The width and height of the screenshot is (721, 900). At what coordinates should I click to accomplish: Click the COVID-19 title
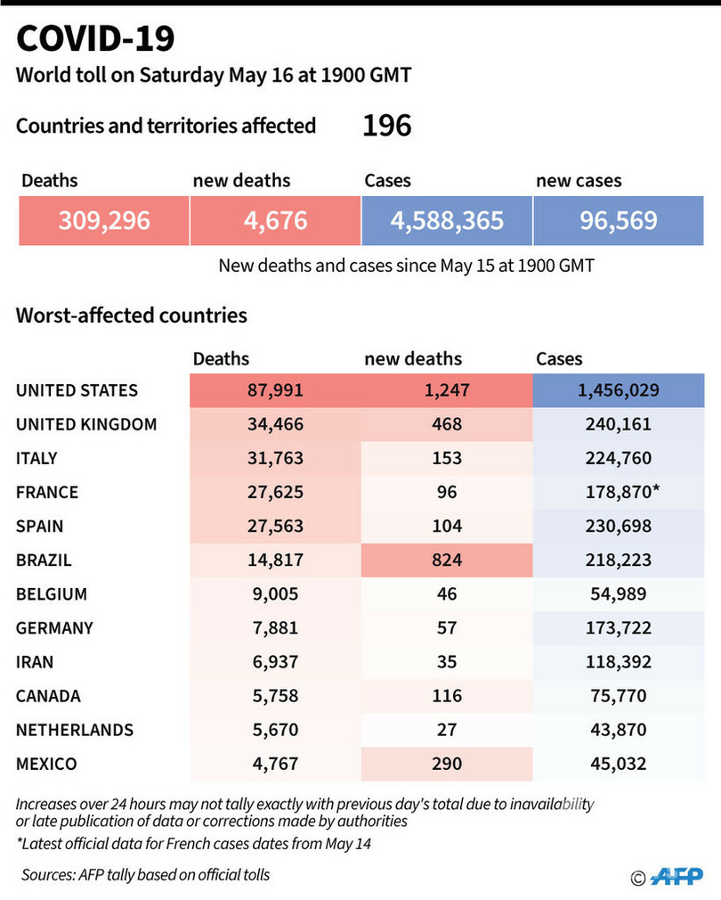click(x=95, y=39)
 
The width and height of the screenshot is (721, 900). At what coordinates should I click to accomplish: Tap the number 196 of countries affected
click(x=386, y=126)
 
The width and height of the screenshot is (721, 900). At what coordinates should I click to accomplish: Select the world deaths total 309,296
click(x=103, y=220)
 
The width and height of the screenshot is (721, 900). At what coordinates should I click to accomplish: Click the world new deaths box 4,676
click(x=275, y=220)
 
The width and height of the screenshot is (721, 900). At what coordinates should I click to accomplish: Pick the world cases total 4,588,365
click(x=447, y=220)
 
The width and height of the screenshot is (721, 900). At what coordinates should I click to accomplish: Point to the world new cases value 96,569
click(x=618, y=220)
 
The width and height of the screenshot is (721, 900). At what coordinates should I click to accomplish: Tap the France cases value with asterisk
click(x=620, y=492)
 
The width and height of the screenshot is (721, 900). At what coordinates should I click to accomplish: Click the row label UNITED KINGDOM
click(x=86, y=424)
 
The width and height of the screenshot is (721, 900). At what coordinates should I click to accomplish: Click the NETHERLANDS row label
click(x=75, y=730)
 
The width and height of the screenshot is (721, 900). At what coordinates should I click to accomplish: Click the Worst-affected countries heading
click(x=132, y=315)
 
